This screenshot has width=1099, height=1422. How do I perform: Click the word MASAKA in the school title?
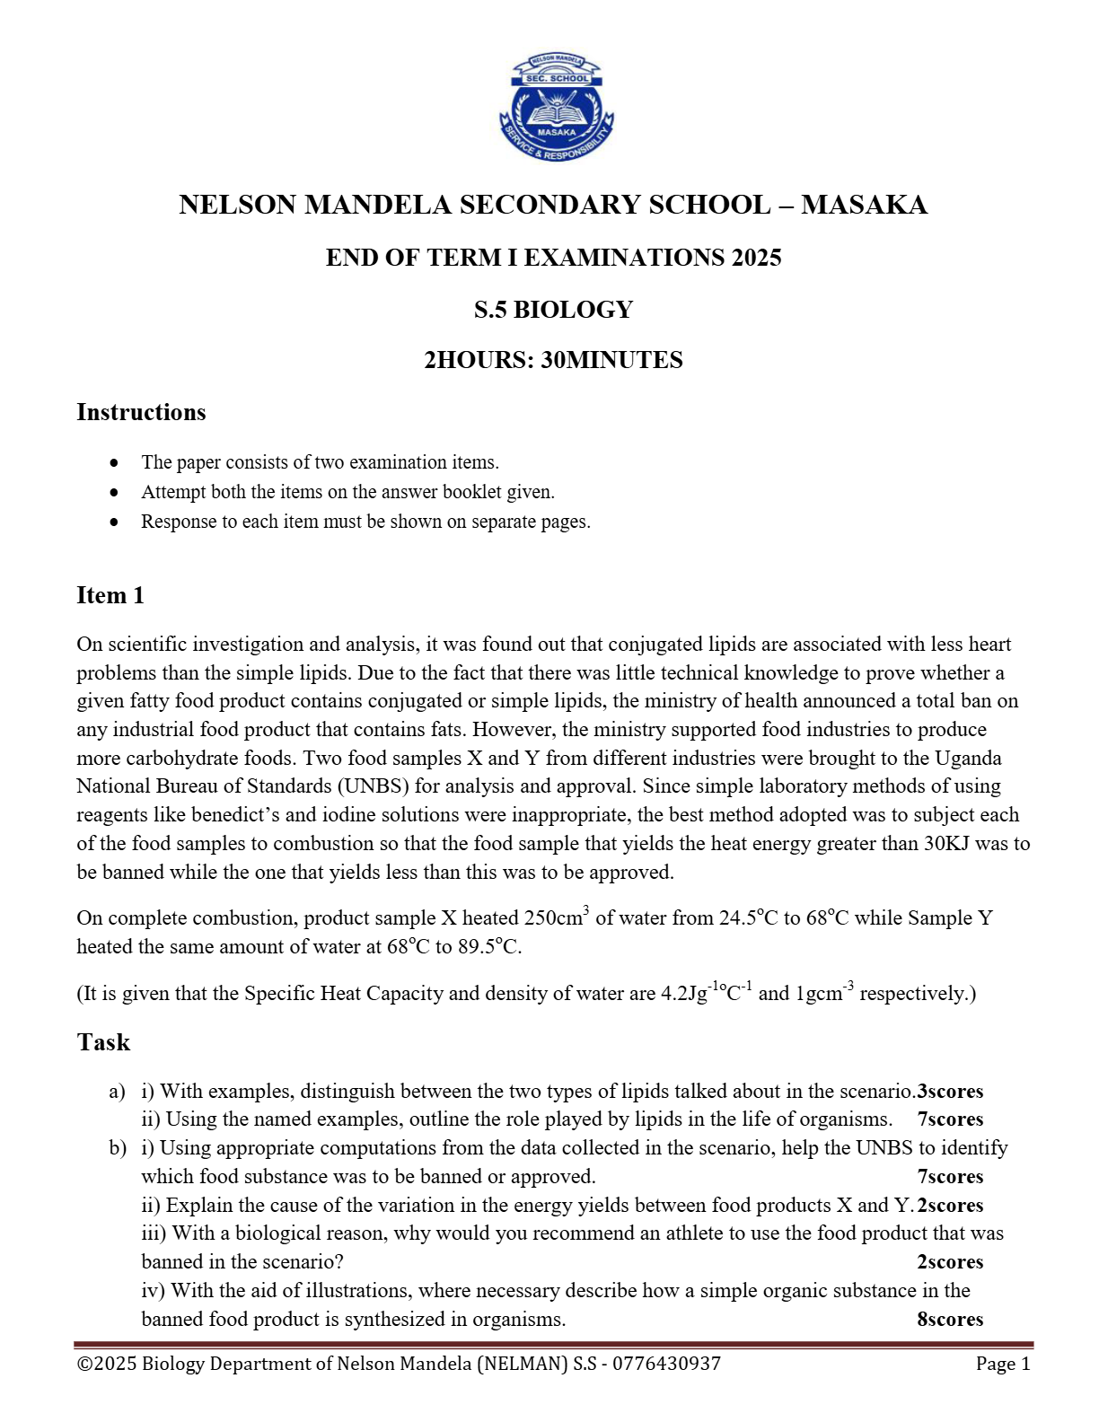864,205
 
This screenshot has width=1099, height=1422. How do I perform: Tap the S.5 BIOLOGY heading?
553,310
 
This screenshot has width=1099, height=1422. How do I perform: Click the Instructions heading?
141,412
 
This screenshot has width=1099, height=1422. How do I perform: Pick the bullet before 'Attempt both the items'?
114,493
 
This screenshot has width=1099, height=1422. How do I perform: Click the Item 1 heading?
110,596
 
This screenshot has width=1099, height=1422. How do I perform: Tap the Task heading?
103,1042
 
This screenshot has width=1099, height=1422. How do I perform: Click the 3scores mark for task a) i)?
950,1092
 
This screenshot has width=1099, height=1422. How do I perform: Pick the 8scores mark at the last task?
950,1320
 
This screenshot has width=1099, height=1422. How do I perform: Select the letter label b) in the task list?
117,1148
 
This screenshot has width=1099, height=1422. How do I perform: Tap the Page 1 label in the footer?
1003,1364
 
